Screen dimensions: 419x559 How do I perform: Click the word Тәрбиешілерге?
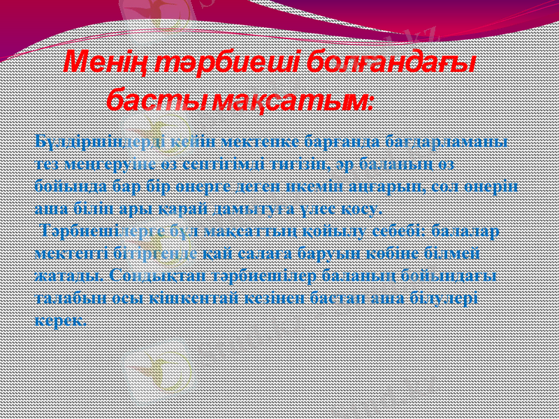[x=96, y=230]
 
